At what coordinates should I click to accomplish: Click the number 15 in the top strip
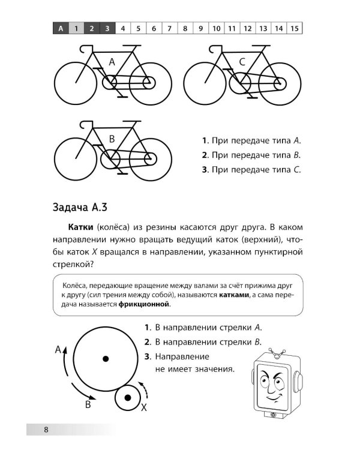point(295,28)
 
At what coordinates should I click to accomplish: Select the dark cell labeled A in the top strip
point(61,28)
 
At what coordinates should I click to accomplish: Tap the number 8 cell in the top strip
point(185,28)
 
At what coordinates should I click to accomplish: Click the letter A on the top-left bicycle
point(112,62)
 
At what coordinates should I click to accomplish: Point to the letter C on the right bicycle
point(242,62)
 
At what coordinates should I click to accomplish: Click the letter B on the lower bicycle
point(112,139)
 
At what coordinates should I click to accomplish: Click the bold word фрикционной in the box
point(144,304)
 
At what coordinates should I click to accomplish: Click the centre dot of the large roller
point(105,359)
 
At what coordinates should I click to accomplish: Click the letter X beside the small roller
point(143,408)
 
